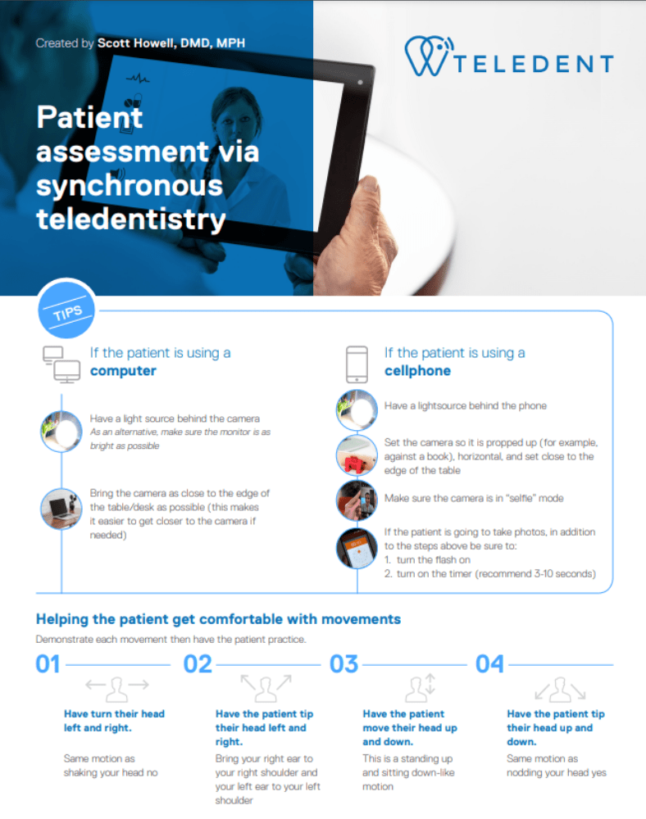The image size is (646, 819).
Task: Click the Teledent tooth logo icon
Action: (x=428, y=56)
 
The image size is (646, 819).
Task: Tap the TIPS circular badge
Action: (x=66, y=309)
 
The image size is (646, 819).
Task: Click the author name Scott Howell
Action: (x=136, y=43)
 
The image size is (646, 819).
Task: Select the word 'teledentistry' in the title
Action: (x=130, y=219)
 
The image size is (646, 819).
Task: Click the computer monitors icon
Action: (x=61, y=364)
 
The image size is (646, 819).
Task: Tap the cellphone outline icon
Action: (x=357, y=364)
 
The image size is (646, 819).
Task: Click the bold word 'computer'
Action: (x=123, y=371)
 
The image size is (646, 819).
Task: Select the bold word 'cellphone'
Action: (x=417, y=371)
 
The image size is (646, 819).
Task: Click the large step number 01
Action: (x=48, y=664)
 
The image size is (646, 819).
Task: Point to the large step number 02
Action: (x=198, y=664)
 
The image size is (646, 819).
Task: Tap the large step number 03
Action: (x=344, y=664)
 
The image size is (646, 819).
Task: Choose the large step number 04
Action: (x=489, y=664)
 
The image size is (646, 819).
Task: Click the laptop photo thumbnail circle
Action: (x=61, y=509)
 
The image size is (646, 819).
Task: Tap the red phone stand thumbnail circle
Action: (x=357, y=456)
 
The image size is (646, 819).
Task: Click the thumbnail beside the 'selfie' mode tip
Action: (x=357, y=500)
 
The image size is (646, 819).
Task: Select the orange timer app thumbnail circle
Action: (x=357, y=548)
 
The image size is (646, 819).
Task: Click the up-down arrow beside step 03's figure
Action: (x=430, y=684)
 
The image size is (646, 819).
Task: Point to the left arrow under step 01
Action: (x=95, y=684)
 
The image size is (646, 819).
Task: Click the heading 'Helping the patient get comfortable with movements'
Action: (x=218, y=619)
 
